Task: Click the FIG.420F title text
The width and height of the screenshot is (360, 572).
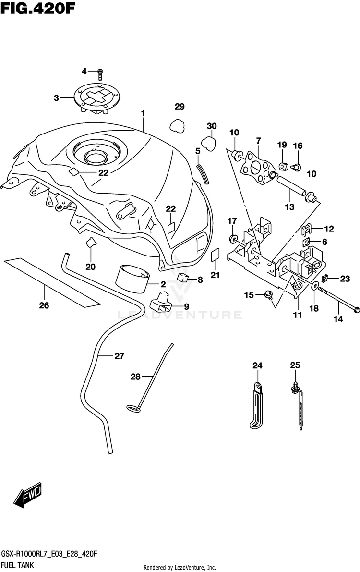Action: click(38, 8)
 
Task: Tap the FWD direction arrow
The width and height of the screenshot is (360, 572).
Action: click(28, 495)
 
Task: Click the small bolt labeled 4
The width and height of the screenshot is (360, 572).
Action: click(100, 74)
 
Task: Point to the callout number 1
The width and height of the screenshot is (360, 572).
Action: click(143, 113)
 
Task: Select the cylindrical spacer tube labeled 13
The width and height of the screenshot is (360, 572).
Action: click(291, 186)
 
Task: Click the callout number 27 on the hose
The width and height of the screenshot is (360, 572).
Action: click(119, 356)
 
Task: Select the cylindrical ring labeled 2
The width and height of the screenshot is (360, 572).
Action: click(133, 279)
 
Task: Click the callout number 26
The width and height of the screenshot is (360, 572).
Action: click(44, 305)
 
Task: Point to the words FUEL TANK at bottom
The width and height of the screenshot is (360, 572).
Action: click(17, 565)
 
